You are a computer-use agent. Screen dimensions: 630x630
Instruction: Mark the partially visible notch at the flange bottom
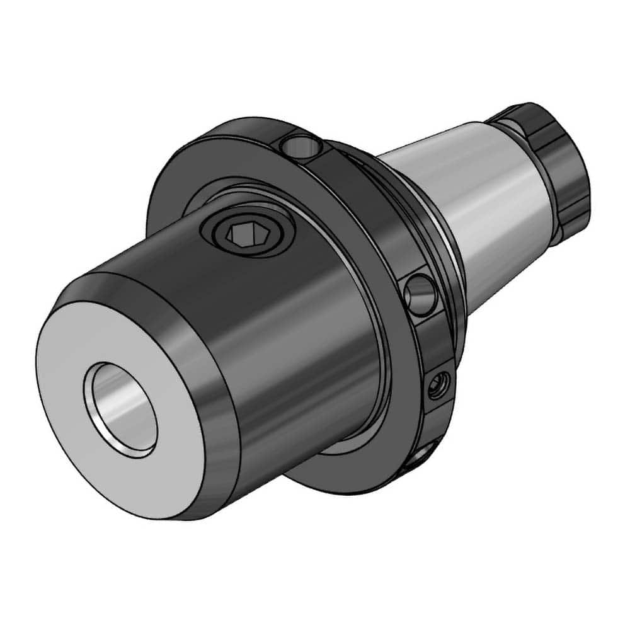click(x=423, y=456)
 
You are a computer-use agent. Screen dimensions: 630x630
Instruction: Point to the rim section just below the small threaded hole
click(x=435, y=422)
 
